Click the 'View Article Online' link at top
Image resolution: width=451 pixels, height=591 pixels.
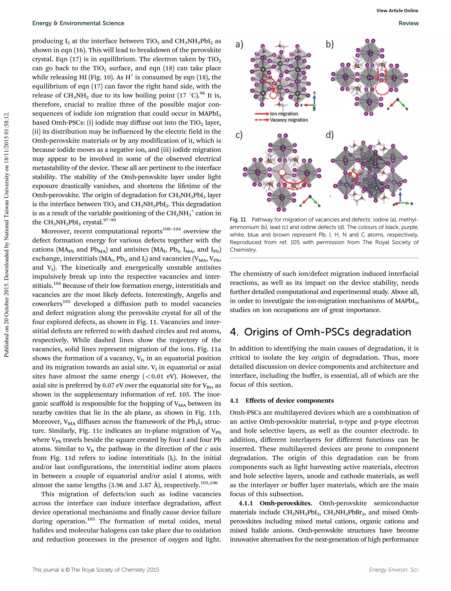pyautogui.click(x=397, y=11)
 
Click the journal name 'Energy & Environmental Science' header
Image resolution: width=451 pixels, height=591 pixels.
pyautogui.click(x=78, y=23)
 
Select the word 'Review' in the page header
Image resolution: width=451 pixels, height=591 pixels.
pyautogui.click(x=408, y=23)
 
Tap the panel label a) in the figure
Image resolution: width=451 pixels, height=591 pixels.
pyautogui.click(x=239, y=44)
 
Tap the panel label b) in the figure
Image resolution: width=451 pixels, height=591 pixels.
pyautogui.click(x=330, y=44)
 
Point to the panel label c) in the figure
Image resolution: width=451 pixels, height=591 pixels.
pyautogui.click(x=239, y=135)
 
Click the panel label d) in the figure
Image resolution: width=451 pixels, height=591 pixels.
pyautogui.click(x=330, y=135)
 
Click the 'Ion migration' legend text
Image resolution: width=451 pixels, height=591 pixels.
pyautogui.click(x=284, y=114)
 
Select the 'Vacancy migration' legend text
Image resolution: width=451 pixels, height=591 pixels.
pyautogui.click(x=289, y=120)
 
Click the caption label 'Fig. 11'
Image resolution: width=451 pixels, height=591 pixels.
pyautogui.click(x=238, y=220)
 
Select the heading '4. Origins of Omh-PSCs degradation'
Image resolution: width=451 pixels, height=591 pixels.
pyautogui.click(x=320, y=332)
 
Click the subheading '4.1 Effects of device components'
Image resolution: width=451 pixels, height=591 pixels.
pyautogui.click(x=282, y=401)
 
